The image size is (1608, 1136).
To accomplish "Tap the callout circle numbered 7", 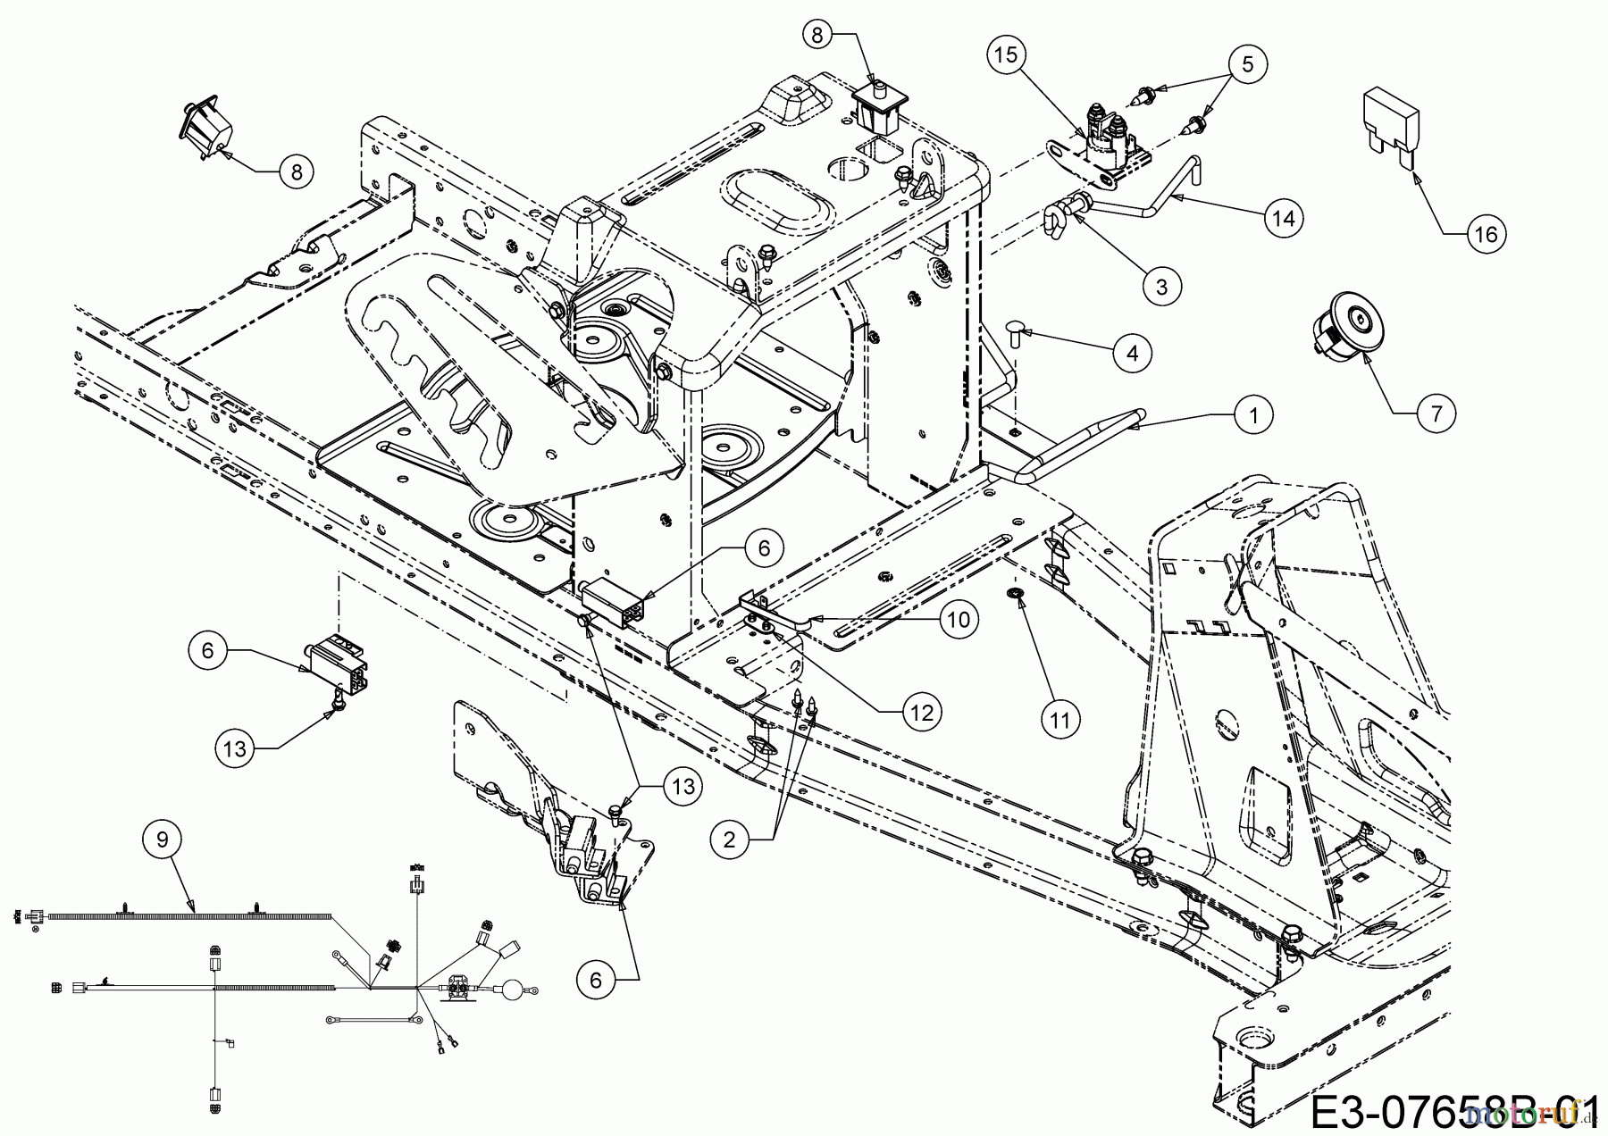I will point(1436,413).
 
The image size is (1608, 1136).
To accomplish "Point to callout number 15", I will point(1006,55).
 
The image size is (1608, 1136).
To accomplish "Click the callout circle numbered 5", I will point(1248,63).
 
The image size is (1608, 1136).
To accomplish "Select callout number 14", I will point(1283,217).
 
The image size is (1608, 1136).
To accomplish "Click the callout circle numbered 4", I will point(1133,354).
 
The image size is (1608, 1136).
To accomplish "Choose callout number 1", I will point(1254,415).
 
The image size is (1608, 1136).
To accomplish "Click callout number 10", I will point(959,619).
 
